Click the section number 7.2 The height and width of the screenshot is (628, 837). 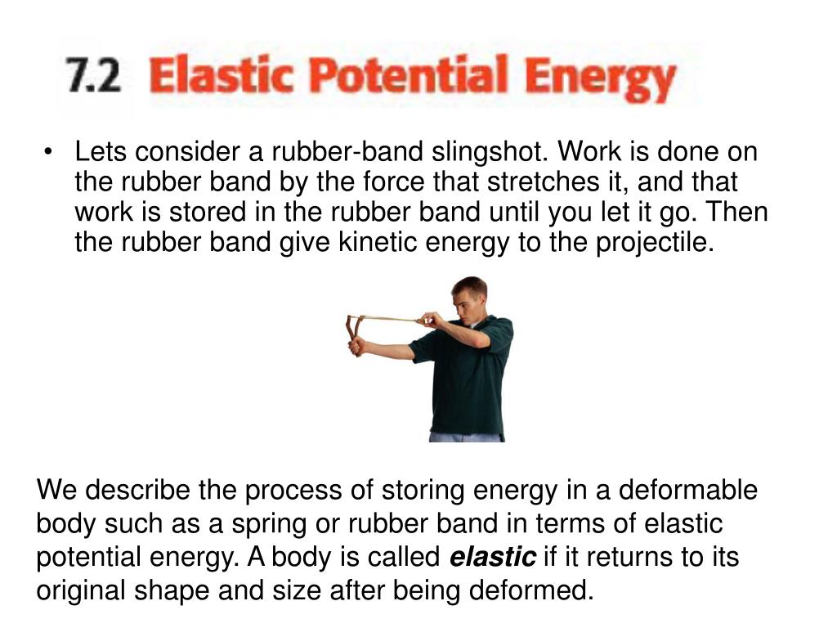coord(93,78)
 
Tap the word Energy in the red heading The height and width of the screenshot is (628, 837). coord(600,80)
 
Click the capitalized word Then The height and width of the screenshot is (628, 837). coord(737,212)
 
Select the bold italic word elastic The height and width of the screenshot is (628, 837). coord(493,558)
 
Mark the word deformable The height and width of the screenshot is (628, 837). coord(687,491)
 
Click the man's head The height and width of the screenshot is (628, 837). coord(469,296)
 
